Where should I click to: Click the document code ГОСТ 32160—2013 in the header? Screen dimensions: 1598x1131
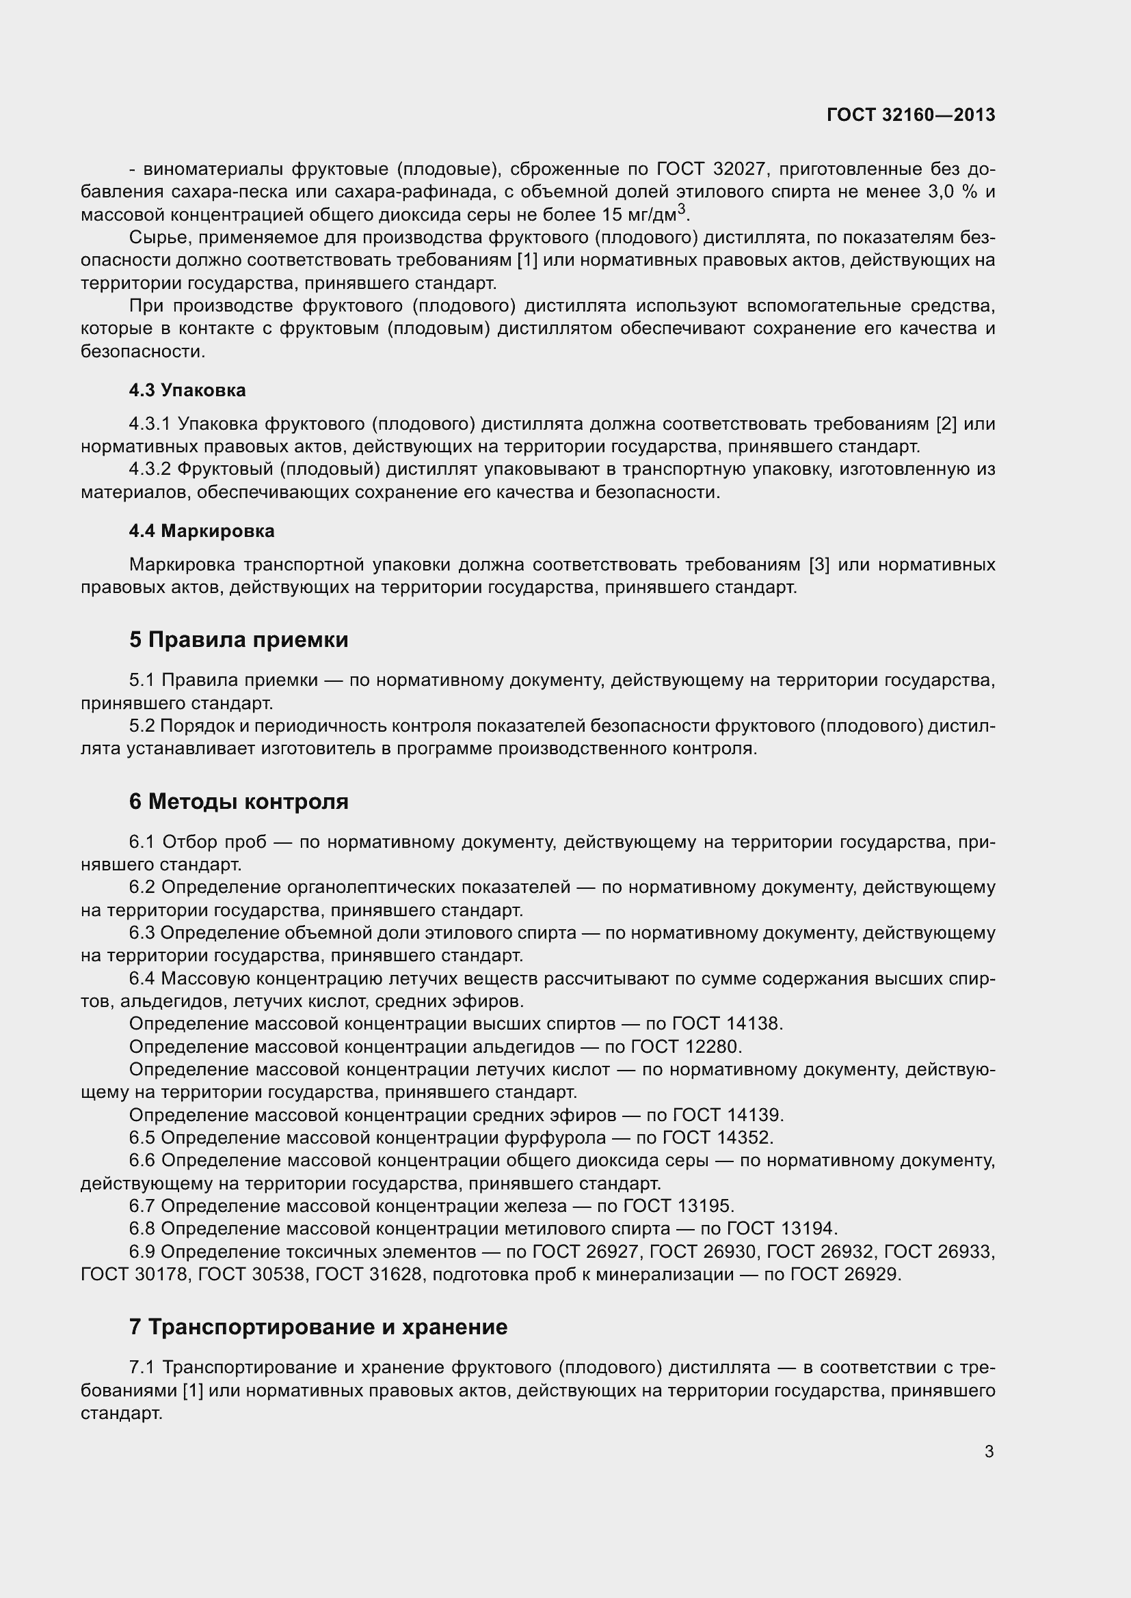[911, 115]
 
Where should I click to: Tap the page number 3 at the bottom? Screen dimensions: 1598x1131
[989, 1451]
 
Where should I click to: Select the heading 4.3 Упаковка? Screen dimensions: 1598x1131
[187, 391]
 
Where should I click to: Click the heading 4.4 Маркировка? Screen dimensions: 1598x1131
[201, 531]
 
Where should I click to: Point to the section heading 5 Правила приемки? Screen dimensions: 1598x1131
[238, 639]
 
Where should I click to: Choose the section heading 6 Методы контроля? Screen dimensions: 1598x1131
[238, 801]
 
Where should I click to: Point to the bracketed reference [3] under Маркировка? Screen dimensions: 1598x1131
[819, 564]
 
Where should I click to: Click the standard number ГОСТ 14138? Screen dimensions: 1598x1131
[728, 1024]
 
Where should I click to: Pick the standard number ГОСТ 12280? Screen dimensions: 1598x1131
[687, 1047]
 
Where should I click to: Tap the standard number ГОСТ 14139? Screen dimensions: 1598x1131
[728, 1115]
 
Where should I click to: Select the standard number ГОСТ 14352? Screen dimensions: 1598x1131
[718, 1138]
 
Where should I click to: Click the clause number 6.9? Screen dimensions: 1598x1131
[142, 1252]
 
